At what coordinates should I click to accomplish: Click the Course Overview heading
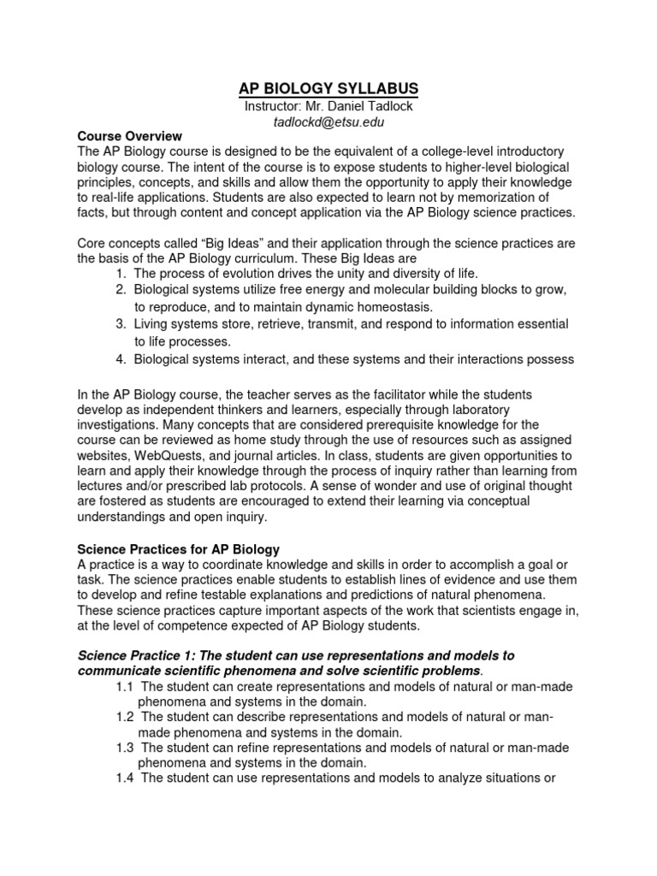click(x=129, y=135)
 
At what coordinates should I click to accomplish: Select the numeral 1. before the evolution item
click(x=121, y=274)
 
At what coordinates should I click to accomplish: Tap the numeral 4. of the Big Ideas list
click(x=121, y=359)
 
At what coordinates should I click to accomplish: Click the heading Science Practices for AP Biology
click(x=179, y=547)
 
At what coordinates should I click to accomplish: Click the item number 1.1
click(x=125, y=687)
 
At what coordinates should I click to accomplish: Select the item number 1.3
click(x=125, y=748)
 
